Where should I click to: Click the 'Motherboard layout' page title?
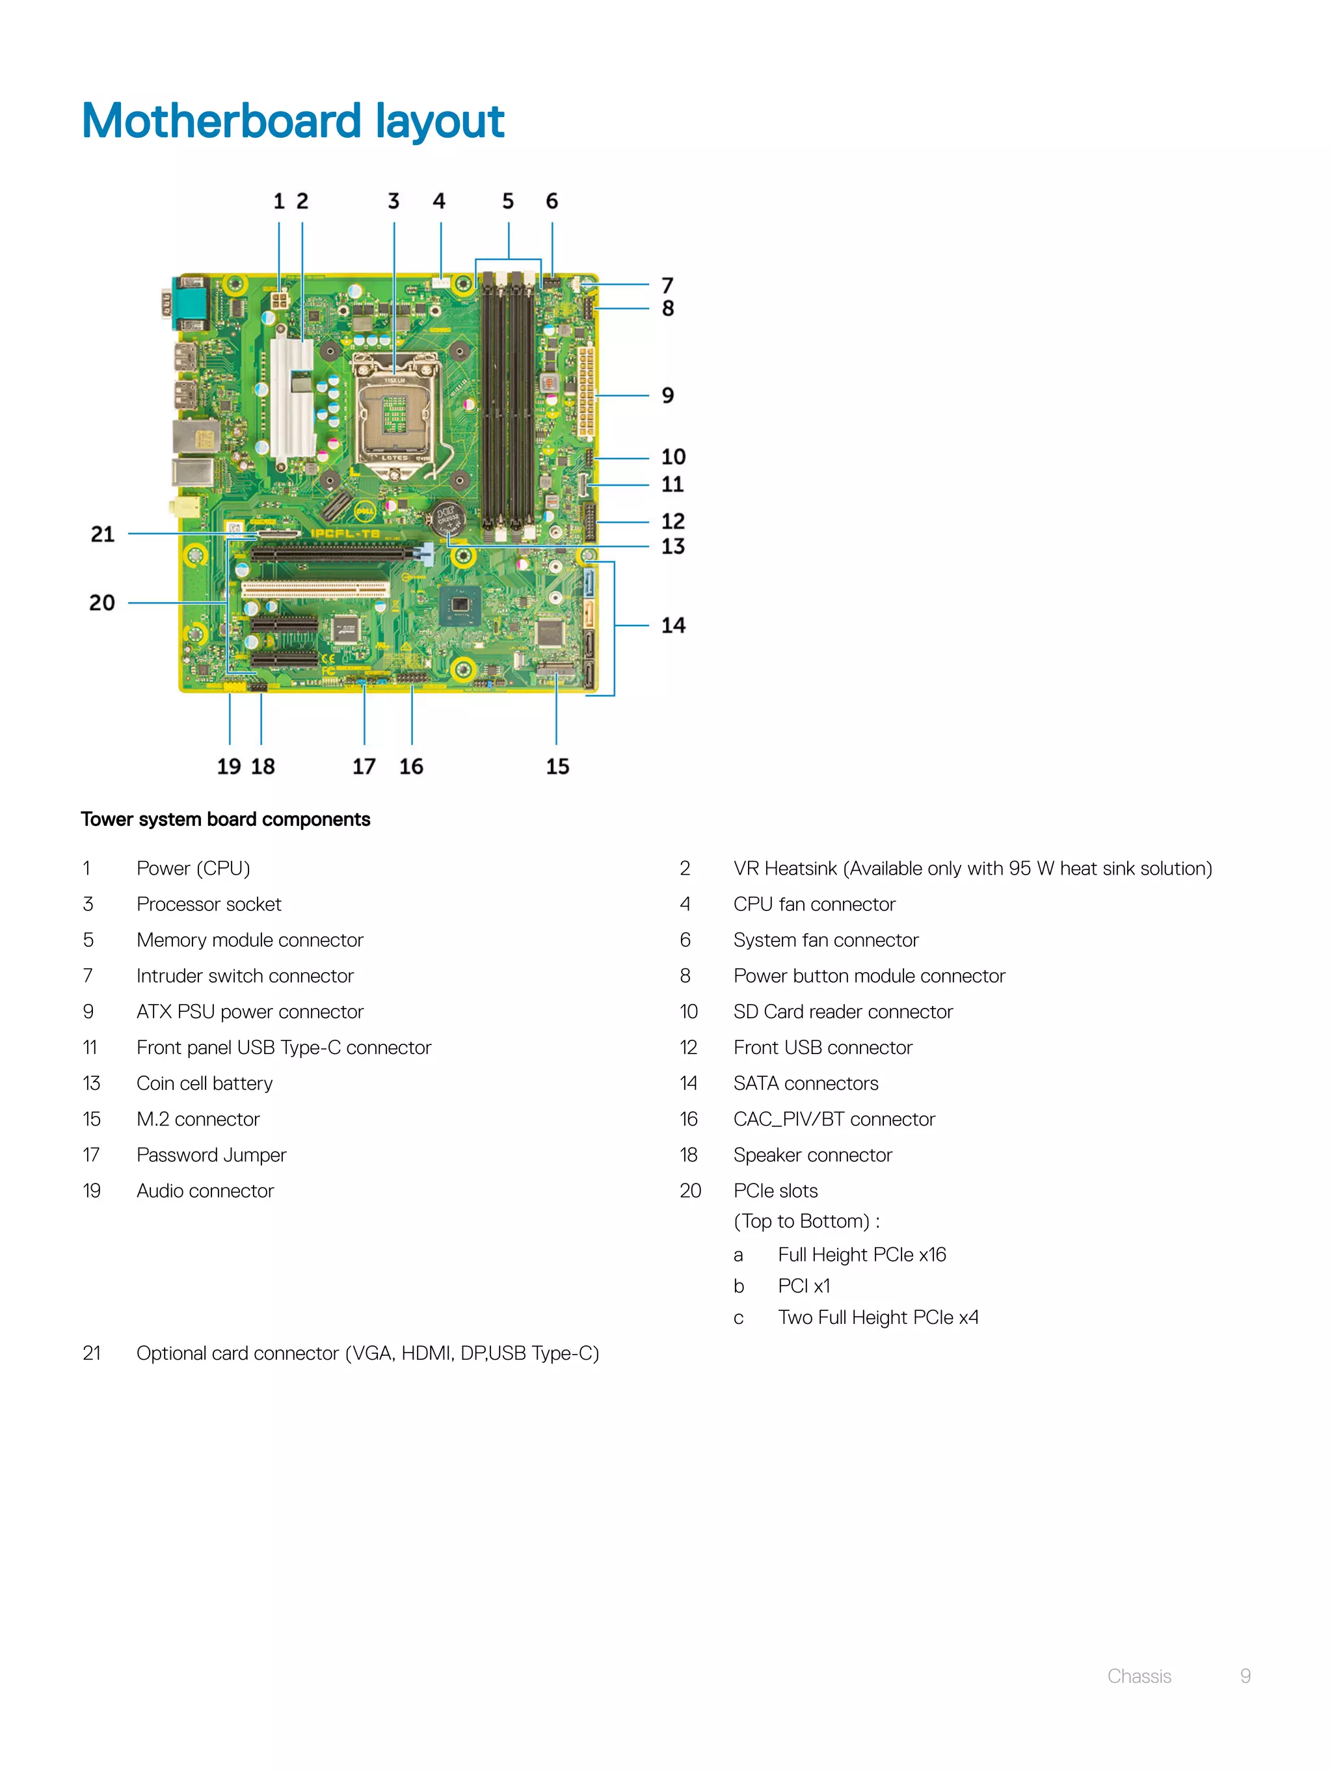click(293, 121)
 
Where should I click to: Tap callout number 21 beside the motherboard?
click(103, 534)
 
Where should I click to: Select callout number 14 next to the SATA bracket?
click(673, 625)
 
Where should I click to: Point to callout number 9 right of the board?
click(667, 395)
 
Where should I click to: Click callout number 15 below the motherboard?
click(557, 766)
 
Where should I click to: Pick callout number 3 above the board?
click(393, 201)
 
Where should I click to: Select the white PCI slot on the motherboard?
click(315, 590)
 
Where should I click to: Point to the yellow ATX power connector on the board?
click(586, 391)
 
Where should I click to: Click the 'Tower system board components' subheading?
click(225, 819)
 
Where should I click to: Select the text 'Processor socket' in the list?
click(209, 905)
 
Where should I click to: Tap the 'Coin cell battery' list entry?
click(204, 1083)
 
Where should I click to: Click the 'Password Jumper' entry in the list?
click(211, 1155)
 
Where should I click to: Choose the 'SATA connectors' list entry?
click(805, 1083)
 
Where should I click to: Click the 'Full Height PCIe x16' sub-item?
click(861, 1255)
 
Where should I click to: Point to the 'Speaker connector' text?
click(812, 1155)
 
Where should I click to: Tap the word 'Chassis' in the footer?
click(1138, 1676)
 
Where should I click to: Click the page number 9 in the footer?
click(1245, 1676)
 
